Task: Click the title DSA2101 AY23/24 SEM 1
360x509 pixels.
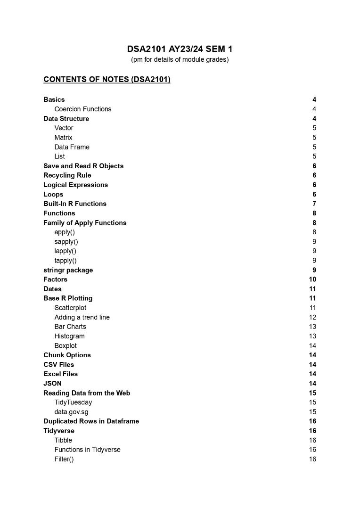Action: (x=180, y=49)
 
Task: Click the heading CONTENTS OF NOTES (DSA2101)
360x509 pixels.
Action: (x=107, y=79)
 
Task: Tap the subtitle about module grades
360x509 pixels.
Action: (x=180, y=60)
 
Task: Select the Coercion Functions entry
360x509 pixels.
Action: (x=83, y=109)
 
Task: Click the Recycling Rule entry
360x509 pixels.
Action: (x=67, y=175)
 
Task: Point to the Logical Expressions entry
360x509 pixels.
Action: (x=75, y=185)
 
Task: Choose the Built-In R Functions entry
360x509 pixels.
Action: (x=75, y=204)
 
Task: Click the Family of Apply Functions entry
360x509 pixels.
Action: (x=85, y=222)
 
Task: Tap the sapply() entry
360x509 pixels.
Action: (x=66, y=241)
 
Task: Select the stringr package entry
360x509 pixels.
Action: (x=68, y=270)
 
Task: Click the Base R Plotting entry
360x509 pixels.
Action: (x=68, y=298)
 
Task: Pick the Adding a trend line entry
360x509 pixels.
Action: (x=82, y=317)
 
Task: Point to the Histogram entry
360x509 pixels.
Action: (x=69, y=336)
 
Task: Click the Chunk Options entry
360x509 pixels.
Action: (x=67, y=355)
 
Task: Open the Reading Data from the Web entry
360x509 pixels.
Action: (x=87, y=393)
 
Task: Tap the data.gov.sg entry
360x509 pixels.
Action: (x=71, y=412)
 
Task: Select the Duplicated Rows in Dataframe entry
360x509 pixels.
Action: (x=91, y=421)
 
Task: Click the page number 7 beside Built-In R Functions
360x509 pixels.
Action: (x=314, y=204)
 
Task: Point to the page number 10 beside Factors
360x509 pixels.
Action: (x=312, y=279)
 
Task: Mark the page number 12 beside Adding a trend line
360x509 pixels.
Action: (x=312, y=317)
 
